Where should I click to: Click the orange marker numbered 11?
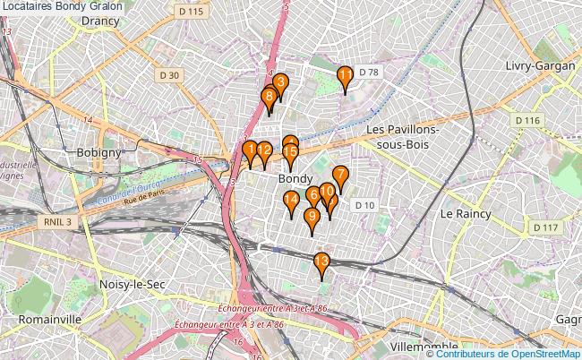click(x=344, y=76)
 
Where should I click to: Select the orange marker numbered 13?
click(x=321, y=262)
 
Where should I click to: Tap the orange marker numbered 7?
click(x=339, y=176)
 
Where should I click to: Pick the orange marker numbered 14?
click(x=291, y=201)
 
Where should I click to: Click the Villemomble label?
click(x=424, y=345)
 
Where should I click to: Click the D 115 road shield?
click(x=191, y=11)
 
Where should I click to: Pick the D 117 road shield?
click(x=543, y=228)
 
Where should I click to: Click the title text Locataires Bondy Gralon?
click(x=63, y=6)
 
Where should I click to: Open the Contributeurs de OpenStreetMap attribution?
click(x=510, y=353)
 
